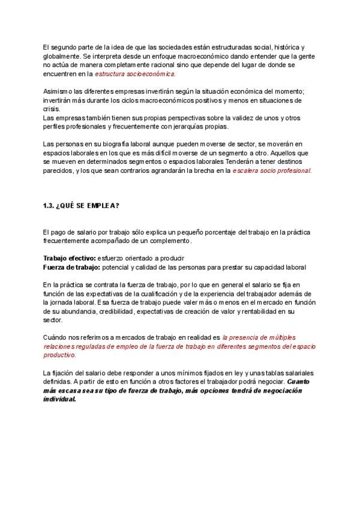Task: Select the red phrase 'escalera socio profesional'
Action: [x=272, y=170]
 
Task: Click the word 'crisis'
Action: [x=51, y=109]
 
